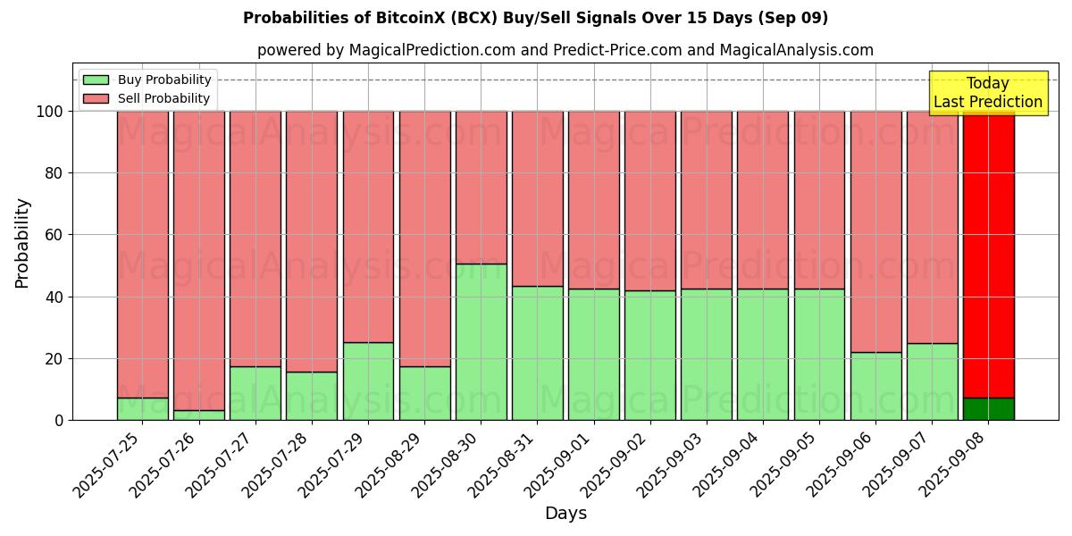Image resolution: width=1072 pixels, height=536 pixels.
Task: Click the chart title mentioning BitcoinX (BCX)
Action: (535, 18)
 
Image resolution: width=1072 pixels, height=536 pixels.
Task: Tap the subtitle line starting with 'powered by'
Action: (565, 50)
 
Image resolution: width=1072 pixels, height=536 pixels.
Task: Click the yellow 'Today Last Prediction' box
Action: (987, 93)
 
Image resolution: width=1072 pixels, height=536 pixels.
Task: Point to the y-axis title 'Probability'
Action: (22, 242)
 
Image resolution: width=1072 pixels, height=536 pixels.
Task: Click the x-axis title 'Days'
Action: (565, 513)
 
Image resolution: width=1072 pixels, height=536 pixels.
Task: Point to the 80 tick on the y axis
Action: (54, 173)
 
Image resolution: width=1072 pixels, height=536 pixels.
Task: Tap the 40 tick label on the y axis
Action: (54, 297)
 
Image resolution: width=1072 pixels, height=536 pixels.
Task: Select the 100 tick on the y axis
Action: (50, 112)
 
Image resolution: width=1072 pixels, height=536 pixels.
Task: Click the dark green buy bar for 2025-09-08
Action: (988, 409)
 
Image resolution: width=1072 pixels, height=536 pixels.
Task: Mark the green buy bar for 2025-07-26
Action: (198, 415)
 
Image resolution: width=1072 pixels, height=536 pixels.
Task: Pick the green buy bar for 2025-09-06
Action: (875, 386)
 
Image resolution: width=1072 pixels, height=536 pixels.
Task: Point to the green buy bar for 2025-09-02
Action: (649, 356)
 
